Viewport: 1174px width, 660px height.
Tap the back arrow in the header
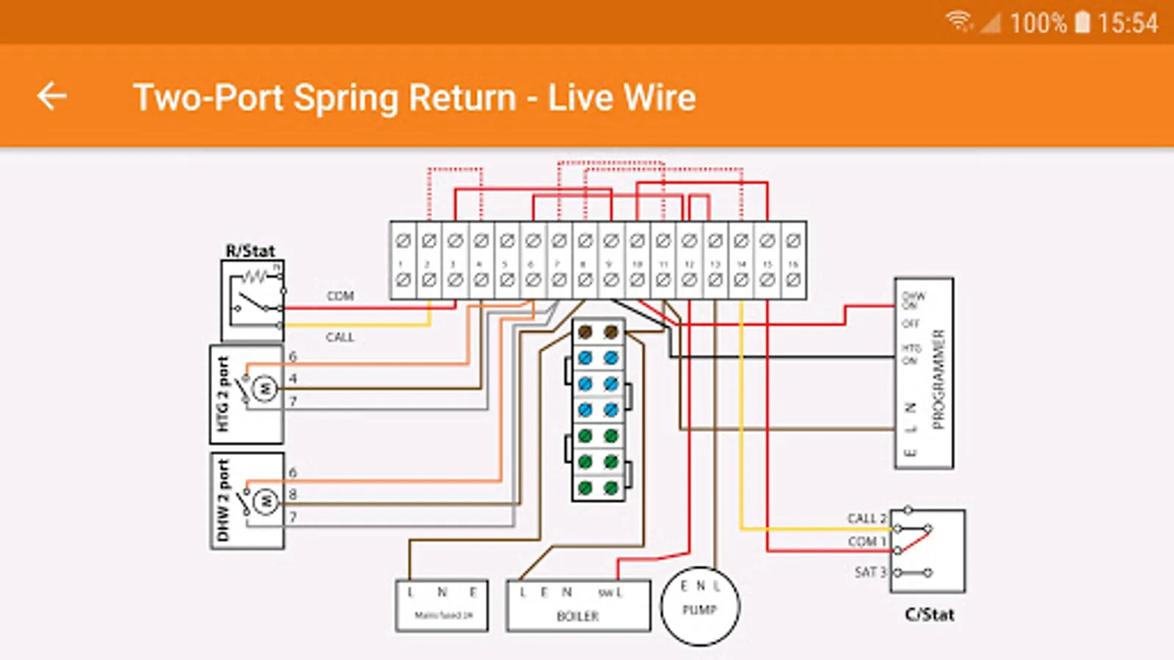coord(52,96)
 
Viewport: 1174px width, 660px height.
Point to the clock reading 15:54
coord(1128,23)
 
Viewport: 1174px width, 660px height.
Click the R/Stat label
coord(250,251)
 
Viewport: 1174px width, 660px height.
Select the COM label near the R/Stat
coord(340,296)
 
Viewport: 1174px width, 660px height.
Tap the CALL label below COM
coord(340,337)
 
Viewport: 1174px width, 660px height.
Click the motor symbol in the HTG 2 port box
coord(265,388)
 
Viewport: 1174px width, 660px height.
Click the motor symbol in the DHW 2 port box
coord(265,502)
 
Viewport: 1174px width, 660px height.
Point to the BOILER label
coord(577,616)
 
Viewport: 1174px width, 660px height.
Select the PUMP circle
coord(700,606)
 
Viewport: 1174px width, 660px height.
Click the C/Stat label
coord(930,615)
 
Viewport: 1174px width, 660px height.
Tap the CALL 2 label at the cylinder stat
coord(867,518)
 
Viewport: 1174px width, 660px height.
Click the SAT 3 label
coord(870,571)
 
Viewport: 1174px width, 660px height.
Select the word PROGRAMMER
coord(938,379)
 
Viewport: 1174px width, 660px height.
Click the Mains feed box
coord(442,606)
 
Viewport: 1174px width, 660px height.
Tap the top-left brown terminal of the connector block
coord(585,332)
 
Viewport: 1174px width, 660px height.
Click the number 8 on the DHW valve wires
coord(293,494)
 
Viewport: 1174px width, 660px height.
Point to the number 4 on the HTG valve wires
coord(293,378)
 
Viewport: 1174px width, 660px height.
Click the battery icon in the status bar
coord(1082,23)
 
